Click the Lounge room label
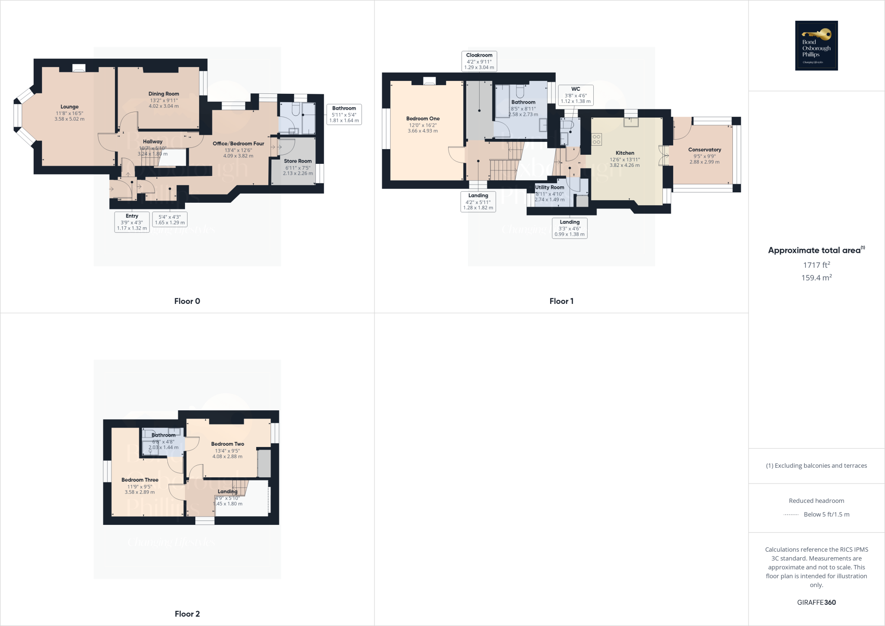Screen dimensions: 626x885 [70, 107]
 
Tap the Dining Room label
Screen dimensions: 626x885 [163, 94]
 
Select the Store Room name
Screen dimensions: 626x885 [298, 161]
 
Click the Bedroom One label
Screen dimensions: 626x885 [423, 118]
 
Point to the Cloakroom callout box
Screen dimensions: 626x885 [479, 61]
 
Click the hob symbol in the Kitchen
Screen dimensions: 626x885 [596, 139]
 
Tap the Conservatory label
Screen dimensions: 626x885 [704, 150]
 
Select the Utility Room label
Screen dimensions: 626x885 [550, 187]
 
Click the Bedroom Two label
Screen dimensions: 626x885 [227, 444]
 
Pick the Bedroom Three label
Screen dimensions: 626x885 [140, 480]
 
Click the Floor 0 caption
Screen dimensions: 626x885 [187, 301]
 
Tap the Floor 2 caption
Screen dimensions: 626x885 [187, 614]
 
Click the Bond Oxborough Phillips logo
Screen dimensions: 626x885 [816, 46]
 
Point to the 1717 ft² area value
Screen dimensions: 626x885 [816, 265]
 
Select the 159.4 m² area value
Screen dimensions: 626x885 [816, 278]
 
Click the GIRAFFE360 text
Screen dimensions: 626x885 [816, 602]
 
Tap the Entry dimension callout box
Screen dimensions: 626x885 [132, 222]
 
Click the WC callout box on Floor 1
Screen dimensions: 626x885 [576, 95]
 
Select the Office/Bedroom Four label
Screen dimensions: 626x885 [238, 144]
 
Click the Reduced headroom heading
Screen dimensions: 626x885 [816, 501]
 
